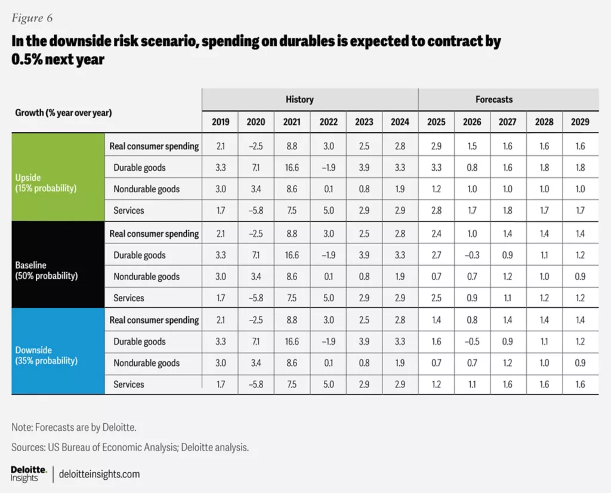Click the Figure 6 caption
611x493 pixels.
32,19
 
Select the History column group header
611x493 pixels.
299,100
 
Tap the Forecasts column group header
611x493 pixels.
493,100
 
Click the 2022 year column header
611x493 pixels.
328,122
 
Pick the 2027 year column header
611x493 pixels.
508,122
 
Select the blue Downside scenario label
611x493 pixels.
46,356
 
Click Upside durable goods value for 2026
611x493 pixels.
472,168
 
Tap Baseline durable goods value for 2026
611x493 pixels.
472,255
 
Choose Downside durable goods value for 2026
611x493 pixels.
472,341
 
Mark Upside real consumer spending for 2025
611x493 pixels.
436,146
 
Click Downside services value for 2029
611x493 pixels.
580,384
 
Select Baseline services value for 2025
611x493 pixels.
436,298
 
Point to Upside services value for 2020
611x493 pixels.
256,211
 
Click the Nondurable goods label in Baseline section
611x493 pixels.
147,276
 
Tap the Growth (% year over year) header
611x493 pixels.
63,112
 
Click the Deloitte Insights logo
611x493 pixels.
29,474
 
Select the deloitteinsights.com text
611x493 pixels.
100,474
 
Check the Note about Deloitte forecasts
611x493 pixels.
78,427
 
